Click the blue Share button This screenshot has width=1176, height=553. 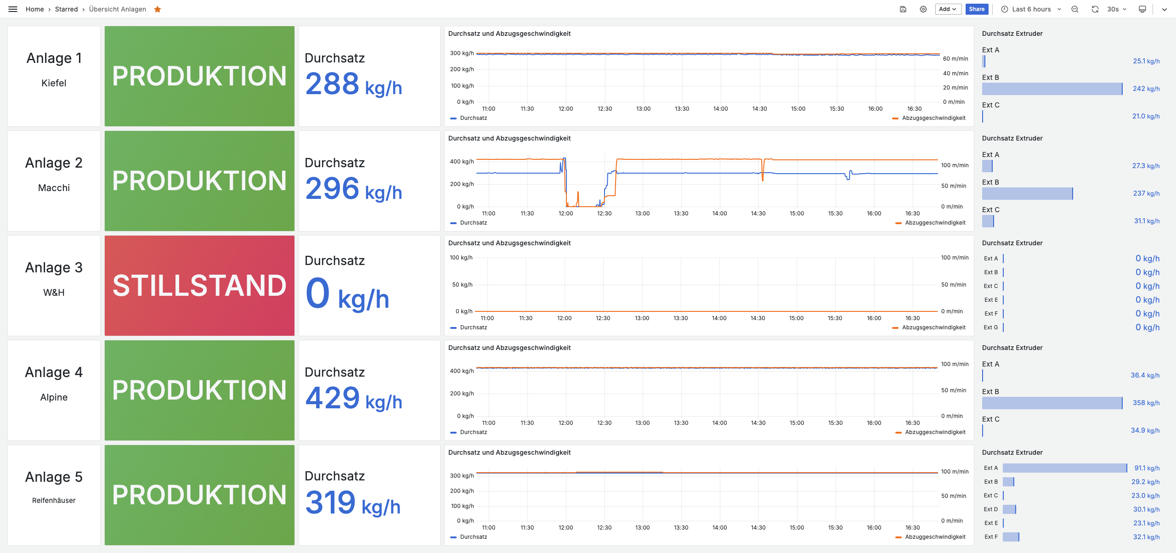pos(977,9)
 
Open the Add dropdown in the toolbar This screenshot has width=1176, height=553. pos(948,9)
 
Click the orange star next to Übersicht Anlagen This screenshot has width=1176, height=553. pos(158,9)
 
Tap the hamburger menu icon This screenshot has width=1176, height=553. pos(13,9)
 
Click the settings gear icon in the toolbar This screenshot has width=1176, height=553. pos(923,9)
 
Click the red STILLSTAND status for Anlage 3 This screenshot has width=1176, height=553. pos(199,285)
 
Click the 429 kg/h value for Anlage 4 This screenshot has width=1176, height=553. pos(353,398)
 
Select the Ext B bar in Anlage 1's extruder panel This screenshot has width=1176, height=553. pos(1052,89)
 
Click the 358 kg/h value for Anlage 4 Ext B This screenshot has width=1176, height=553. pos(1146,403)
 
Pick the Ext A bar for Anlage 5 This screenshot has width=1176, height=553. pos(1064,468)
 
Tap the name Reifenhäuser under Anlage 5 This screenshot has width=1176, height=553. pos(54,500)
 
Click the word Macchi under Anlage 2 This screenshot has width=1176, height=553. pos(54,188)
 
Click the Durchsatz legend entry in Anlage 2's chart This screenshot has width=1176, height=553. pos(473,223)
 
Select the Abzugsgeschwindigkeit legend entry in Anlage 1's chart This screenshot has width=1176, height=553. pos(933,118)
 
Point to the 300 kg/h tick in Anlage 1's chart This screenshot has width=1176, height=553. pos(462,53)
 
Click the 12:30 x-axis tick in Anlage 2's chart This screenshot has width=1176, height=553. pos(604,214)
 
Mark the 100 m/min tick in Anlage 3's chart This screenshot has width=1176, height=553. pos(955,258)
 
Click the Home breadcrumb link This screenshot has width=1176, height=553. pos(34,9)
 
